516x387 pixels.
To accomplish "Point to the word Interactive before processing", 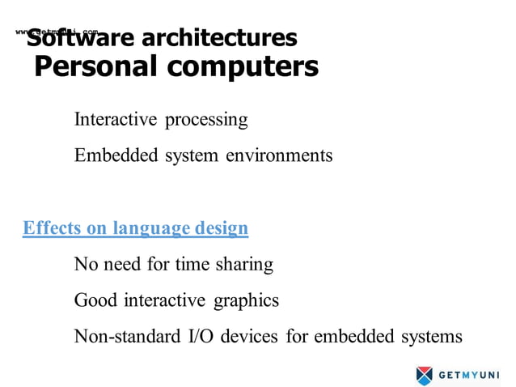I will click(116, 120).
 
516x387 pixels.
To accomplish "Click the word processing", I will click(206, 121).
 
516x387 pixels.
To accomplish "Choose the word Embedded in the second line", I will click(113, 155).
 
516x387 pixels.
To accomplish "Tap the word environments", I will click(278, 155).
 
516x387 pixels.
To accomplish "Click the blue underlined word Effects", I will click(53, 228).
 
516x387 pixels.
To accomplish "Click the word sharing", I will click(244, 264).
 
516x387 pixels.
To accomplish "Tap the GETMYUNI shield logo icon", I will click(425, 375).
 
